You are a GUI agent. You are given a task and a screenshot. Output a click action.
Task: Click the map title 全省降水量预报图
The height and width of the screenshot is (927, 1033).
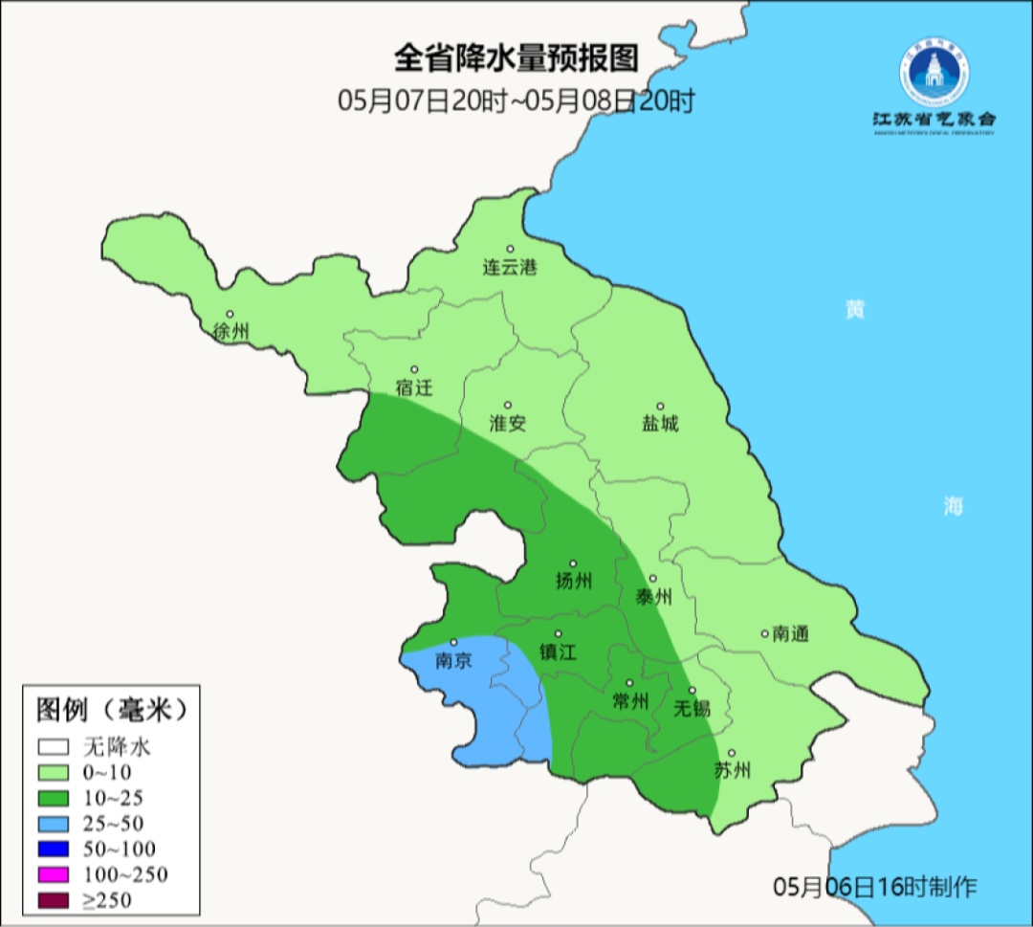pyautogui.click(x=516, y=59)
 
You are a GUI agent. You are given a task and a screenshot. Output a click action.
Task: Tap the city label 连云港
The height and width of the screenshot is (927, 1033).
pyautogui.click(x=509, y=268)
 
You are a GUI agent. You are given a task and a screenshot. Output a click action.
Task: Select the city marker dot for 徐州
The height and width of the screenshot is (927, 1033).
pyautogui.click(x=230, y=314)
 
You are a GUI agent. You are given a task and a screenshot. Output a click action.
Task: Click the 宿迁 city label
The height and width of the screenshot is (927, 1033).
pyautogui.click(x=414, y=388)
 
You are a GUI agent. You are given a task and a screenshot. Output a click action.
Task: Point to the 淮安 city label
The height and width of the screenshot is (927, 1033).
pyautogui.click(x=508, y=424)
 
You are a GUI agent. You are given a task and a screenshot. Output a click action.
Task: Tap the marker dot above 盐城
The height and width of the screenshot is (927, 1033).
pyautogui.click(x=659, y=406)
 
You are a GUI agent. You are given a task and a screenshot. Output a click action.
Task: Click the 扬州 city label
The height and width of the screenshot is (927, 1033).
pyautogui.click(x=574, y=581)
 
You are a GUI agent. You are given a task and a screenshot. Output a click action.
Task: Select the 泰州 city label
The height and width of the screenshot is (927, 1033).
pyautogui.click(x=654, y=598)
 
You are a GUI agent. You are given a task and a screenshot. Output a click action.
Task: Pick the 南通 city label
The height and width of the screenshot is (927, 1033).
pyautogui.click(x=791, y=633)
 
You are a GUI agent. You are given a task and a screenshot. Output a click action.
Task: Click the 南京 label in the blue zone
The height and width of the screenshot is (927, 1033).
pyautogui.click(x=453, y=660)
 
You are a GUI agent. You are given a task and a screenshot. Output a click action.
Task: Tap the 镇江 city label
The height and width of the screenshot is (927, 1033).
pyautogui.click(x=559, y=651)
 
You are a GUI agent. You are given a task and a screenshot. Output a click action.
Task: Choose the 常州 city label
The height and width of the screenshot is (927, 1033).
pyautogui.click(x=630, y=701)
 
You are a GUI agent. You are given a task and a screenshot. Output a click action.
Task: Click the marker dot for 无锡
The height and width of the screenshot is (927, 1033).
pyautogui.click(x=692, y=691)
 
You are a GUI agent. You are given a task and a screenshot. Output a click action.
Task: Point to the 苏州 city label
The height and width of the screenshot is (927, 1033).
pyautogui.click(x=733, y=771)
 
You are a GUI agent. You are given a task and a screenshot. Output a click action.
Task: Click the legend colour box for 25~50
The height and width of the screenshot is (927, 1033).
pyautogui.click(x=55, y=823)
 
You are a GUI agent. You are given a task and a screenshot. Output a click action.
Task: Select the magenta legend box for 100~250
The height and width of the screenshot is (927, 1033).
pyautogui.click(x=55, y=874)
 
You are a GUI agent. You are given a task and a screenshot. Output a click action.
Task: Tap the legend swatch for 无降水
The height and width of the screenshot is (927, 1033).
pyautogui.click(x=55, y=746)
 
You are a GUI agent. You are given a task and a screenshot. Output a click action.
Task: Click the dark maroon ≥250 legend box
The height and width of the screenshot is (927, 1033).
pyautogui.click(x=55, y=899)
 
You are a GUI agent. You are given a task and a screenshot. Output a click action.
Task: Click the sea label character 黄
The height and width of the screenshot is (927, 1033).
pyautogui.click(x=854, y=310)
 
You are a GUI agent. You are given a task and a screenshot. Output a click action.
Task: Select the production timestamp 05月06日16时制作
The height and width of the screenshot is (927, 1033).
pyautogui.click(x=875, y=887)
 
